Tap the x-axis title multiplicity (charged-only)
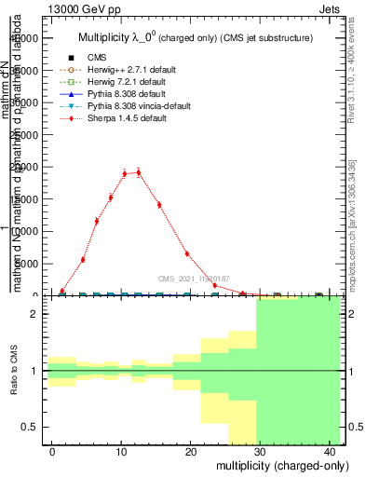pos(270,465)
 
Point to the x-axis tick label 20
pos(189,451)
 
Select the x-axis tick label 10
pos(120,451)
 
